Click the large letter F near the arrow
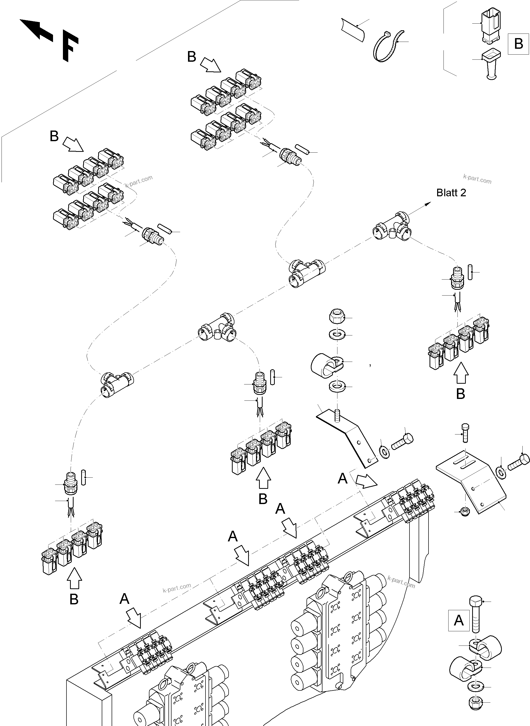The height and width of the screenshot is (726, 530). click(69, 46)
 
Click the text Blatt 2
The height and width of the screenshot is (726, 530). click(451, 193)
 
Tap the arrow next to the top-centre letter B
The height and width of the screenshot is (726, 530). click(211, 64)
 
